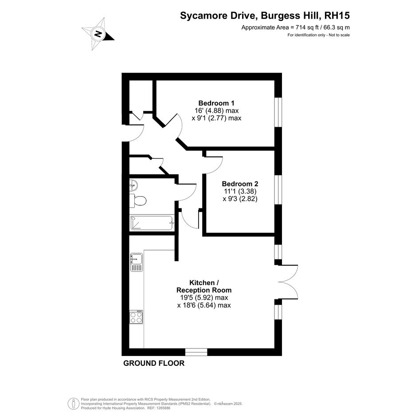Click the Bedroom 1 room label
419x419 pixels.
pyautogui.click(x=216, y=103)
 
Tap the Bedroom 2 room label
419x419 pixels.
pyautogui.click(x=240, y=184)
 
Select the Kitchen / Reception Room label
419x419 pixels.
pyautogui.click(x=204, y=286)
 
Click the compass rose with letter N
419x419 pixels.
pyautogui.click(x=98, y=34)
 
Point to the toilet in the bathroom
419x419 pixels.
pyautogui.click(x=137, y=200)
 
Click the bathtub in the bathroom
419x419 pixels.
pyautogui.click(x=152, y=223)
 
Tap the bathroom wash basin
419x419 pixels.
pyautogui.click(x=133, y=185)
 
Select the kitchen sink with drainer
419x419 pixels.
pyautogui.click(x=137, y=262)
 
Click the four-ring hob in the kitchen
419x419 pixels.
pyautogui.click(x=136, y=317)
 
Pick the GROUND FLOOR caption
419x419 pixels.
pyautogui.click(x=154, y=363)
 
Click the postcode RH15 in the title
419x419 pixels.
pyautogui.click(x=337, y=16)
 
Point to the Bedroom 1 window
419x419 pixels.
pyautogui.click(x=278, y=112)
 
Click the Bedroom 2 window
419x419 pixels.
pyautogui.click(x=278, y=190)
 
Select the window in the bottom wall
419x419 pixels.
pyautogui.click(x=196, y=352)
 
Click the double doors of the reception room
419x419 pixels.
pyautogui.click(x=287, y=282)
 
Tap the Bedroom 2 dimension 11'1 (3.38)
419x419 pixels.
pyautogui.click(x=240, y=192)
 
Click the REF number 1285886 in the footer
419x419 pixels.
pyautogui.click(x=163, y=408)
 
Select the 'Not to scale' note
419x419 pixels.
pyautogui.click(x=339, y=35)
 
